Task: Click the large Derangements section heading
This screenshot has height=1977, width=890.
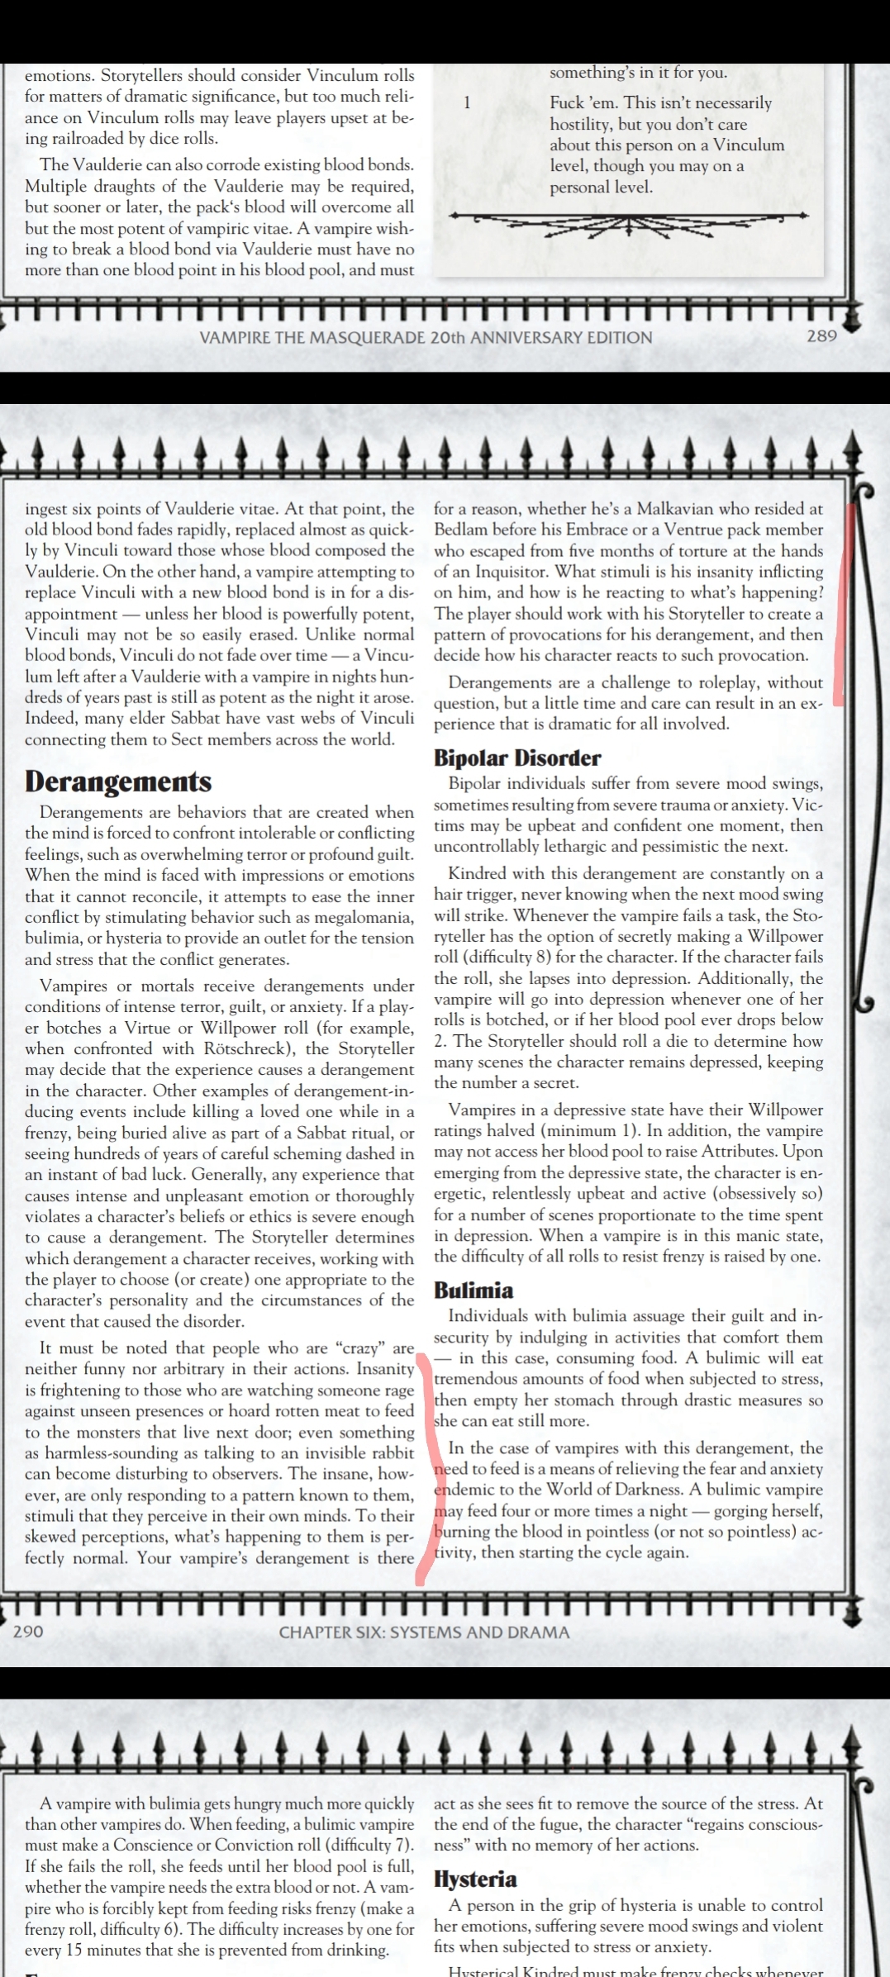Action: click(118, 782)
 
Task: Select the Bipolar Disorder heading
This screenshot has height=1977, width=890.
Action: click(517, 758)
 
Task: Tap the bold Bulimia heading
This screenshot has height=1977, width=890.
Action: click(474, 1290)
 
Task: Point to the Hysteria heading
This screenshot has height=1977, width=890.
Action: click(475, 1880)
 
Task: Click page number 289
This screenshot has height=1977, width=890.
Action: click(821, 336)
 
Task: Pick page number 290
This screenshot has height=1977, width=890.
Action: click(28, 1632)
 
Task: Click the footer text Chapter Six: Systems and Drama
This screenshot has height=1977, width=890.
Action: click(424, 1632)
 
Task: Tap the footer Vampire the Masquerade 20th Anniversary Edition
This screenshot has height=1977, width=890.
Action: click(426, 337)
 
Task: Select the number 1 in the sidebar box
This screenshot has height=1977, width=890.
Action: click(467, 103)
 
